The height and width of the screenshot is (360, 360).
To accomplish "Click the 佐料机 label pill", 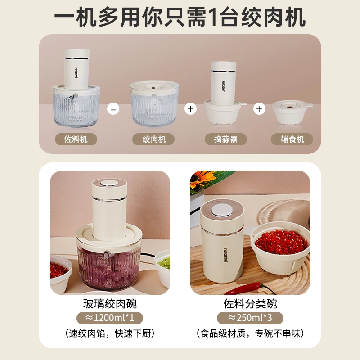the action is point(76,139).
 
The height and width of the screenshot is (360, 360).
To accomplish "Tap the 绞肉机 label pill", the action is point(153,139).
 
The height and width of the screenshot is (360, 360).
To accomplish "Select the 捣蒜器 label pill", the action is point(226,139).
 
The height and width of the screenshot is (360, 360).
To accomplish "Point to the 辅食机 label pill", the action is point(292,139).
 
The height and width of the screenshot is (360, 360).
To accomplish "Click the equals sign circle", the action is point(113,109).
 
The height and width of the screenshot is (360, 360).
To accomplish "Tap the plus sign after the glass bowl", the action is point(190,109).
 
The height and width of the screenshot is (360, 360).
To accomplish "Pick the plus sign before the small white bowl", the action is point(259,109).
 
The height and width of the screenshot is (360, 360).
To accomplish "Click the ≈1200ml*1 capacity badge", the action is point(110,318).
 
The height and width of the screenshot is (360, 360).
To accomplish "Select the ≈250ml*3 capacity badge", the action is point(250,318).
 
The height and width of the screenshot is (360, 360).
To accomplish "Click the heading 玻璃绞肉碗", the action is point(110,304).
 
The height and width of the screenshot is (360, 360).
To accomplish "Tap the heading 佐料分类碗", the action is point(250,304).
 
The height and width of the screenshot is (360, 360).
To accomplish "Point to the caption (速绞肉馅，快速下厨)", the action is point(110,333).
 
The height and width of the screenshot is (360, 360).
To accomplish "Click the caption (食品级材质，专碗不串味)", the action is point(250,333).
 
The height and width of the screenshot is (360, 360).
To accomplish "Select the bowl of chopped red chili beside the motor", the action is point(280,248).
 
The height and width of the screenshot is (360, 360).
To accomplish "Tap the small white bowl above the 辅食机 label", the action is point(290,112).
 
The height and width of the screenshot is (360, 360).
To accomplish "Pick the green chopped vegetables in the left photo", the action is point(165,263).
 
